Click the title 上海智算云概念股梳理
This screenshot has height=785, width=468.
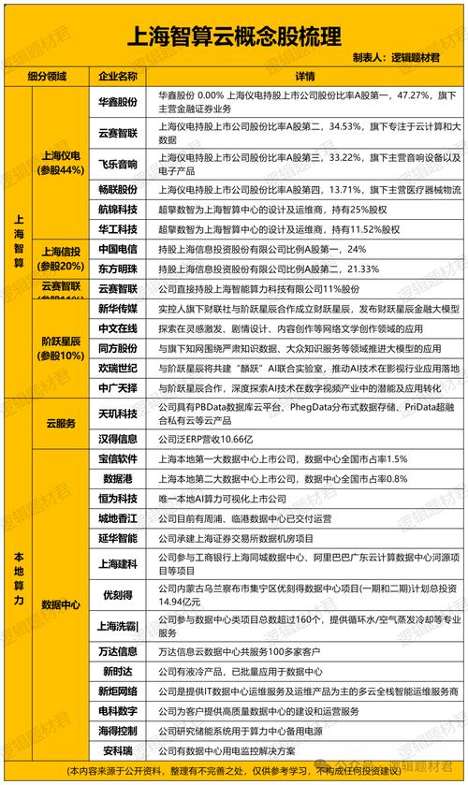point(233,36)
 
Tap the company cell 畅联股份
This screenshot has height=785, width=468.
point(118,190)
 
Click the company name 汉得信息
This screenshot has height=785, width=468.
point(118,438)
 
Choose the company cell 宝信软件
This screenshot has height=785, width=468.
point(118,458)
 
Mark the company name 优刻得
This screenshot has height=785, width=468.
point(118,593)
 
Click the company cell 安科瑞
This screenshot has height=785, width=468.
point(118,749)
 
